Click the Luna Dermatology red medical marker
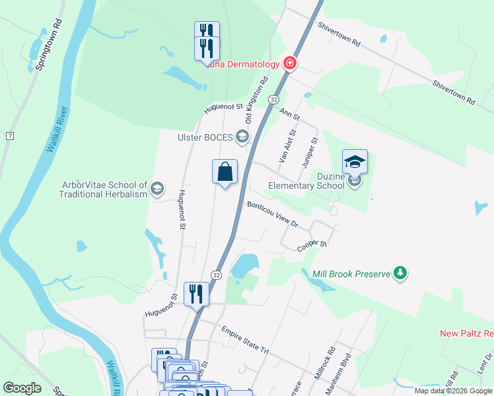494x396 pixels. point(289,64)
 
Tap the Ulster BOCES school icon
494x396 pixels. point(242,137)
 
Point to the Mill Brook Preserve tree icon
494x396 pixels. point(400,273)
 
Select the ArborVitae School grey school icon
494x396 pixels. point(157,189)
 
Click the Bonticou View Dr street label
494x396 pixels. point(273,214)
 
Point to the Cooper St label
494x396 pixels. point(312,245)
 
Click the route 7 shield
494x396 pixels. point(10,136)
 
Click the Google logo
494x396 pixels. point(22,388)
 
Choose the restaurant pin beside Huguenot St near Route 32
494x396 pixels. point(196,294)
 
